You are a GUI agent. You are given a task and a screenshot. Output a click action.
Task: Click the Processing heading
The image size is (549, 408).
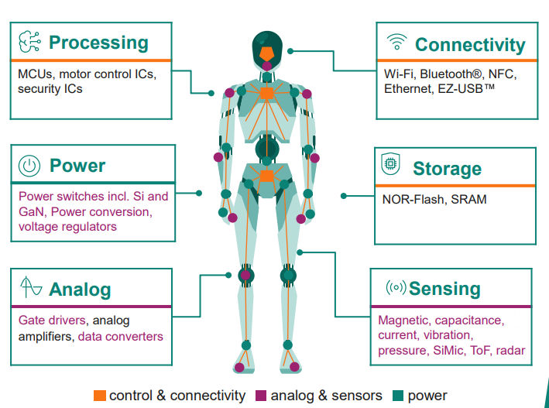[98, 43]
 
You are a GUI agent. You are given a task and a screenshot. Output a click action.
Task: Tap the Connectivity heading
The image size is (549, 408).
[470, 45]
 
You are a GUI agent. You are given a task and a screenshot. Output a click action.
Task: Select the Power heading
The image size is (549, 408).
[77, 166]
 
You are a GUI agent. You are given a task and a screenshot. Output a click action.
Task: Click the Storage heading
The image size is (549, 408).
[447, 169]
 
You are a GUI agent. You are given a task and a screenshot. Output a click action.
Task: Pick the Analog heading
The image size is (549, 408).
[80, 290]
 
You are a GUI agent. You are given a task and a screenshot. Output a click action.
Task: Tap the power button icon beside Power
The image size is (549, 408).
[29, 165]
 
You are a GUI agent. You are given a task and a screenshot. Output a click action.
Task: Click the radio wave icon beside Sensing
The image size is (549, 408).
[396, 288]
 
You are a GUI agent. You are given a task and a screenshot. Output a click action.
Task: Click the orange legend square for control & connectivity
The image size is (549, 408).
[99, 396]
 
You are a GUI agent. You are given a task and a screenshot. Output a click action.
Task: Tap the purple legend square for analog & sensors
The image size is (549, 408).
[261, 396]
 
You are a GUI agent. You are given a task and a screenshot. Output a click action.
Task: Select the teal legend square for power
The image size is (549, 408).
[398, 396]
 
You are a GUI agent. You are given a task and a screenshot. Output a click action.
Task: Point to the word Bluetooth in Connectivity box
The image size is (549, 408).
[449, 74]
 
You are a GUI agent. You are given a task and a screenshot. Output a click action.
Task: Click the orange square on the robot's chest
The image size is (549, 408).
[266, 94]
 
